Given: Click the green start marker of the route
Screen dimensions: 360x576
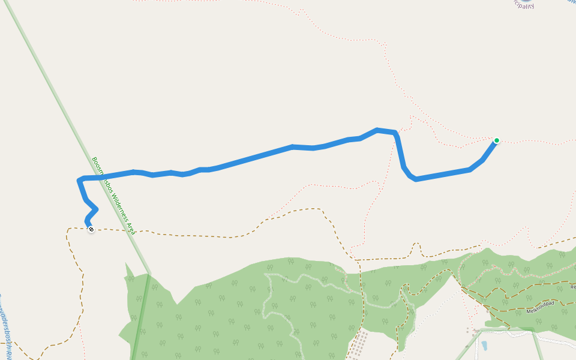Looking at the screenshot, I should click(x=497, y=140).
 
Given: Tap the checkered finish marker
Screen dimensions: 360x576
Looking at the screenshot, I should click(x=91, y=229).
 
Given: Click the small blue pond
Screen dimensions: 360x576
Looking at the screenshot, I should click(x=484, y=346).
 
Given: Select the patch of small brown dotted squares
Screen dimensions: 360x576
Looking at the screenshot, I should click(x=358, y=345).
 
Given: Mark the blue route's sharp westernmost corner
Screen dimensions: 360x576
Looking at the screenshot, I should click(x=79, y=179).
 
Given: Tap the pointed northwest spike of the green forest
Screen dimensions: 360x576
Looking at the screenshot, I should click(x=127, y=264).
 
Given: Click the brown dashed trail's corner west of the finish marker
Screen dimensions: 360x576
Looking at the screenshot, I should click(x=68, y=229).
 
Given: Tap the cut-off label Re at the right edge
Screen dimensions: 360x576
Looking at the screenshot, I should click(x=572, y=287).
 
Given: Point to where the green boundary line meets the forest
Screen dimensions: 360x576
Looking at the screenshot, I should click(x=148, y=274).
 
